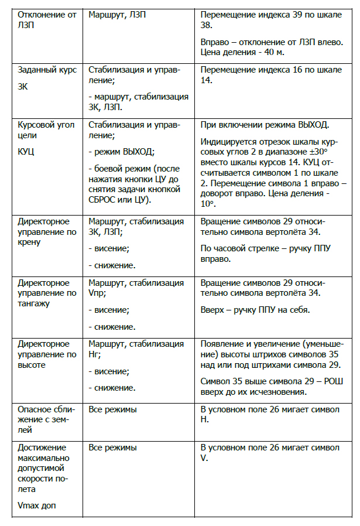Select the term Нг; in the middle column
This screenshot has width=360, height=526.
[94, 354]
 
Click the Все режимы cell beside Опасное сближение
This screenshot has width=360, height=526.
[112, 408]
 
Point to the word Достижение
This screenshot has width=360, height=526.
[43, 448]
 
